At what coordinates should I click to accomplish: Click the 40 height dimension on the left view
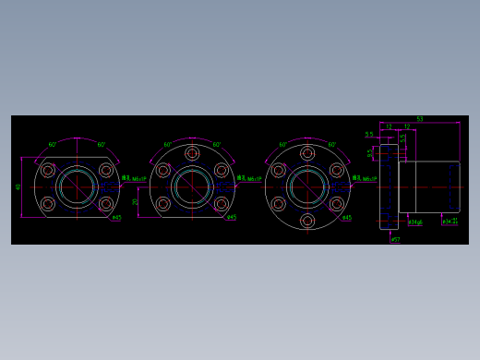tap(18, 186)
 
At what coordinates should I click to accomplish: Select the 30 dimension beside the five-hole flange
tap(135, 201)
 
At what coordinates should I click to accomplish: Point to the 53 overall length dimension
tap(420, 119)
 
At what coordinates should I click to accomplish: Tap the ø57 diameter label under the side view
tap(395, 240)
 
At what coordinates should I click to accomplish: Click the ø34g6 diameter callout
tap(415, 222)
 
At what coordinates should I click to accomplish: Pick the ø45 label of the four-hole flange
tap(115, 218)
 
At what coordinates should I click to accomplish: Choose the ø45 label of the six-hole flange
tap(346, 219)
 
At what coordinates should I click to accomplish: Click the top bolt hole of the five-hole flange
tap(192, 153)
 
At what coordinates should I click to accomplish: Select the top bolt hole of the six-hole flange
tap(307, 153)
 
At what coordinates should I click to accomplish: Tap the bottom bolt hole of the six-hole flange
tap(307, 221)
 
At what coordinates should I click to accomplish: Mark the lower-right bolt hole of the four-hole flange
tap(106, 204)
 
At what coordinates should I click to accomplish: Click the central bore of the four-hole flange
tap(77, 187)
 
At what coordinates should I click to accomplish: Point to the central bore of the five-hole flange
tap(192, 187)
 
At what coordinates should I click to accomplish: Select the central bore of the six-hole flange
tap(307, 187)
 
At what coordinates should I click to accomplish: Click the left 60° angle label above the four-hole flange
tap(53, 145)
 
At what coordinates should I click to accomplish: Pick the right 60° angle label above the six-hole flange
tap(331, 145)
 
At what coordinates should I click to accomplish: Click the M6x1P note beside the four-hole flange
tap(137, 179)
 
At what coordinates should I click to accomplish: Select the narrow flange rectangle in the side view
tap(389, 187)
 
